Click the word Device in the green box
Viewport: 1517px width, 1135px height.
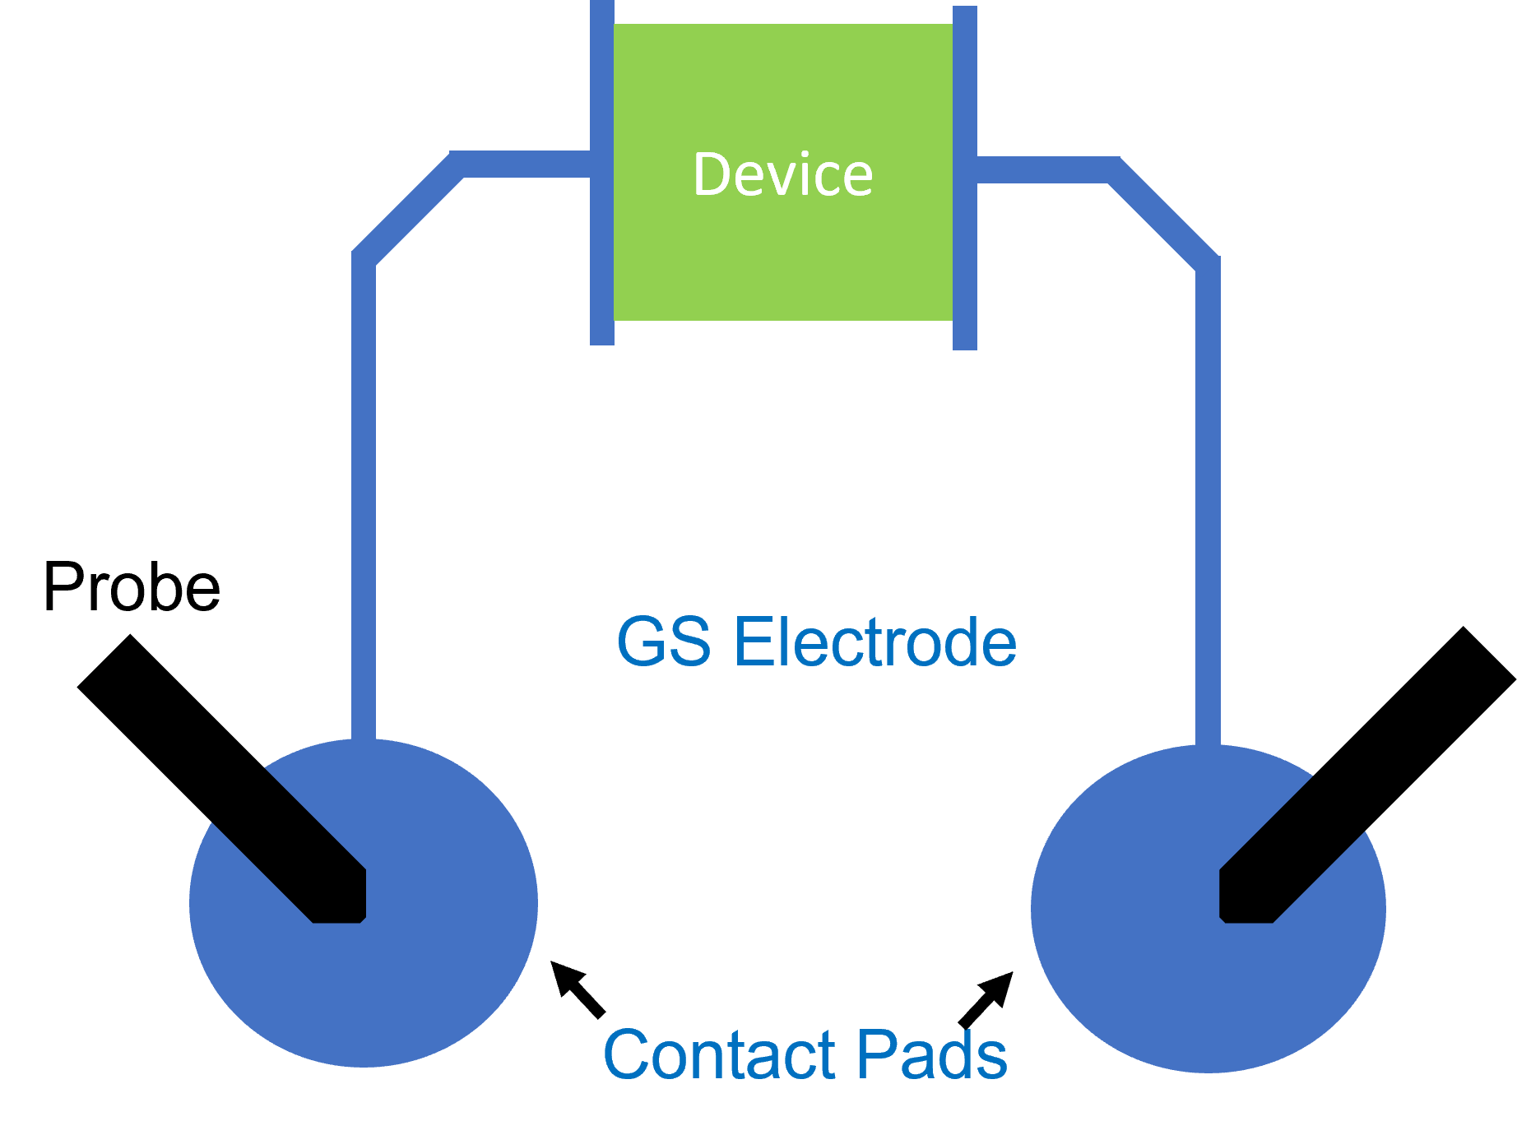click(782, 174)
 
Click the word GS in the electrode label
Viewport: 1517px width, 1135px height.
click(663, 642)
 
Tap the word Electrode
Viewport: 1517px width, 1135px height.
click(874, 642)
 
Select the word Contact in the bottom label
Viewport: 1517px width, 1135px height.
click(719, 1054)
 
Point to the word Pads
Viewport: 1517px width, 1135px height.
click(932, 1054)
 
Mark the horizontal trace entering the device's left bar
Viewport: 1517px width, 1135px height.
click(527, 164)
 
